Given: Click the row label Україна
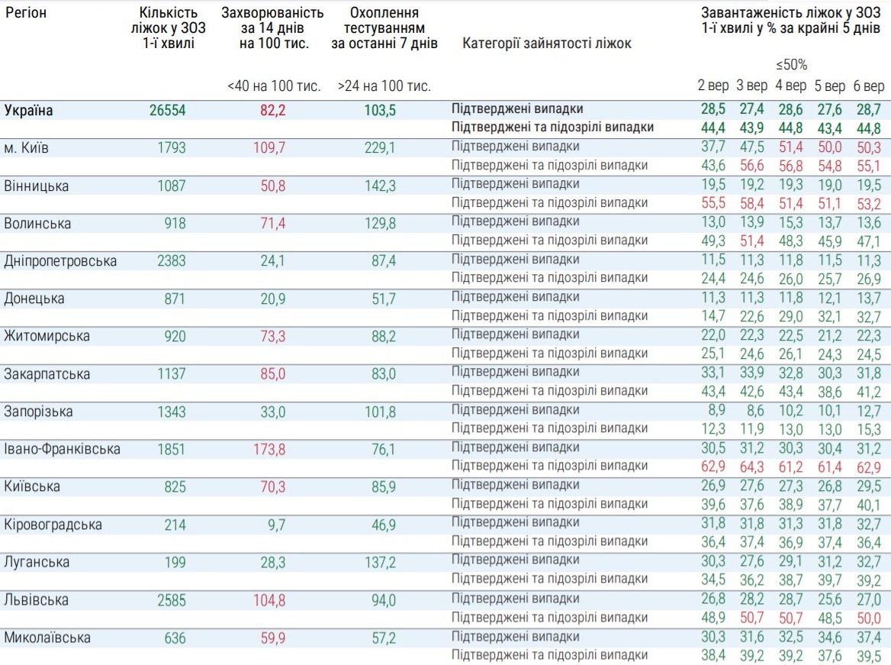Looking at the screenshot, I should click(29, 111).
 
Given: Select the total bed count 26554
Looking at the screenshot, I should click(167, 111).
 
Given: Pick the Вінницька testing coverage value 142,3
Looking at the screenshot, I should click(380, 186).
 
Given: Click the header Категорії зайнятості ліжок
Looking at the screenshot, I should click(547, 44).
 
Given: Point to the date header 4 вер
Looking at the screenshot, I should click(790, 86).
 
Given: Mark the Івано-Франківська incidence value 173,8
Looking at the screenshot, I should click(269, 449).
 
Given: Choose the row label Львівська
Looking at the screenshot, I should click(36, 599).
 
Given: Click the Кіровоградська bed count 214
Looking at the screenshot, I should click(175, 525).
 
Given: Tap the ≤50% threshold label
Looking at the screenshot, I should click(791, 64).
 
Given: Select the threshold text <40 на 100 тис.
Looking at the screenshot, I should click(274, 86).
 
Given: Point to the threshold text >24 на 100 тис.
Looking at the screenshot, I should click(384, 86).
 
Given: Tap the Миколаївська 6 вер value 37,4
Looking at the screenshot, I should click(868, 638).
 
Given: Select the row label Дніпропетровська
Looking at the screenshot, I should click(61, 261).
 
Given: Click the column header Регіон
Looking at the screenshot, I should click(25, 13).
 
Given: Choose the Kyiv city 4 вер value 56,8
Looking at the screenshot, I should click(790, 166).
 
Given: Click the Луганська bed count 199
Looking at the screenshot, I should click(175, 562).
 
